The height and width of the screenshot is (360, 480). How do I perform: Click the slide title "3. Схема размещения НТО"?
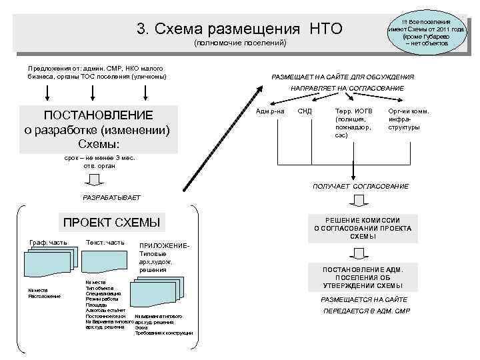(x=239, y=29)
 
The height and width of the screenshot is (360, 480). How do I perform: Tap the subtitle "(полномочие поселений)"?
(x=239, y=43)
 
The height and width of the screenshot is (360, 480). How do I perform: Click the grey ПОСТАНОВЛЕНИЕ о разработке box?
(x=97, y=128)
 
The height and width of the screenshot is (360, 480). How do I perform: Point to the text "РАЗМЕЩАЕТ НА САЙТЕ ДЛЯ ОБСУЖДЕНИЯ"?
(x=343, y=77)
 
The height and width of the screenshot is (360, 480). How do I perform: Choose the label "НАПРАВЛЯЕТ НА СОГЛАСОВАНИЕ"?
(x=346, y=88)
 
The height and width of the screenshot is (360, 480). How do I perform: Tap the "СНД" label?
(x=304, y=111)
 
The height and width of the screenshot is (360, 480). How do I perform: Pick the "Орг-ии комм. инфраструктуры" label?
(x=408, y=119)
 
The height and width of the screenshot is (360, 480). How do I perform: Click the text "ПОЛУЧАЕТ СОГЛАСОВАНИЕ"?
(x=361, y=186)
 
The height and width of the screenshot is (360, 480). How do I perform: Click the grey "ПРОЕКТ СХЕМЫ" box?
(x=111, y=222)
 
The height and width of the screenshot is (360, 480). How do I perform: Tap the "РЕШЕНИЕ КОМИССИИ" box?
(x=362, y=228)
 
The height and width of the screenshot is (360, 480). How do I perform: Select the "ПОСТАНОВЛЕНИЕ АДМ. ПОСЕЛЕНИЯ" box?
(x=362, y=277)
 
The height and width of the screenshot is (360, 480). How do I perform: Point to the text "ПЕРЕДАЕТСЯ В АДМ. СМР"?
(x=367, y=311)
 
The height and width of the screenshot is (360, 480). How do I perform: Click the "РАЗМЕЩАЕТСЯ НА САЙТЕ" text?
(x=363, y=300)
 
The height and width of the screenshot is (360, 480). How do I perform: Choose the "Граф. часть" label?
(x=47, y=242)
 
